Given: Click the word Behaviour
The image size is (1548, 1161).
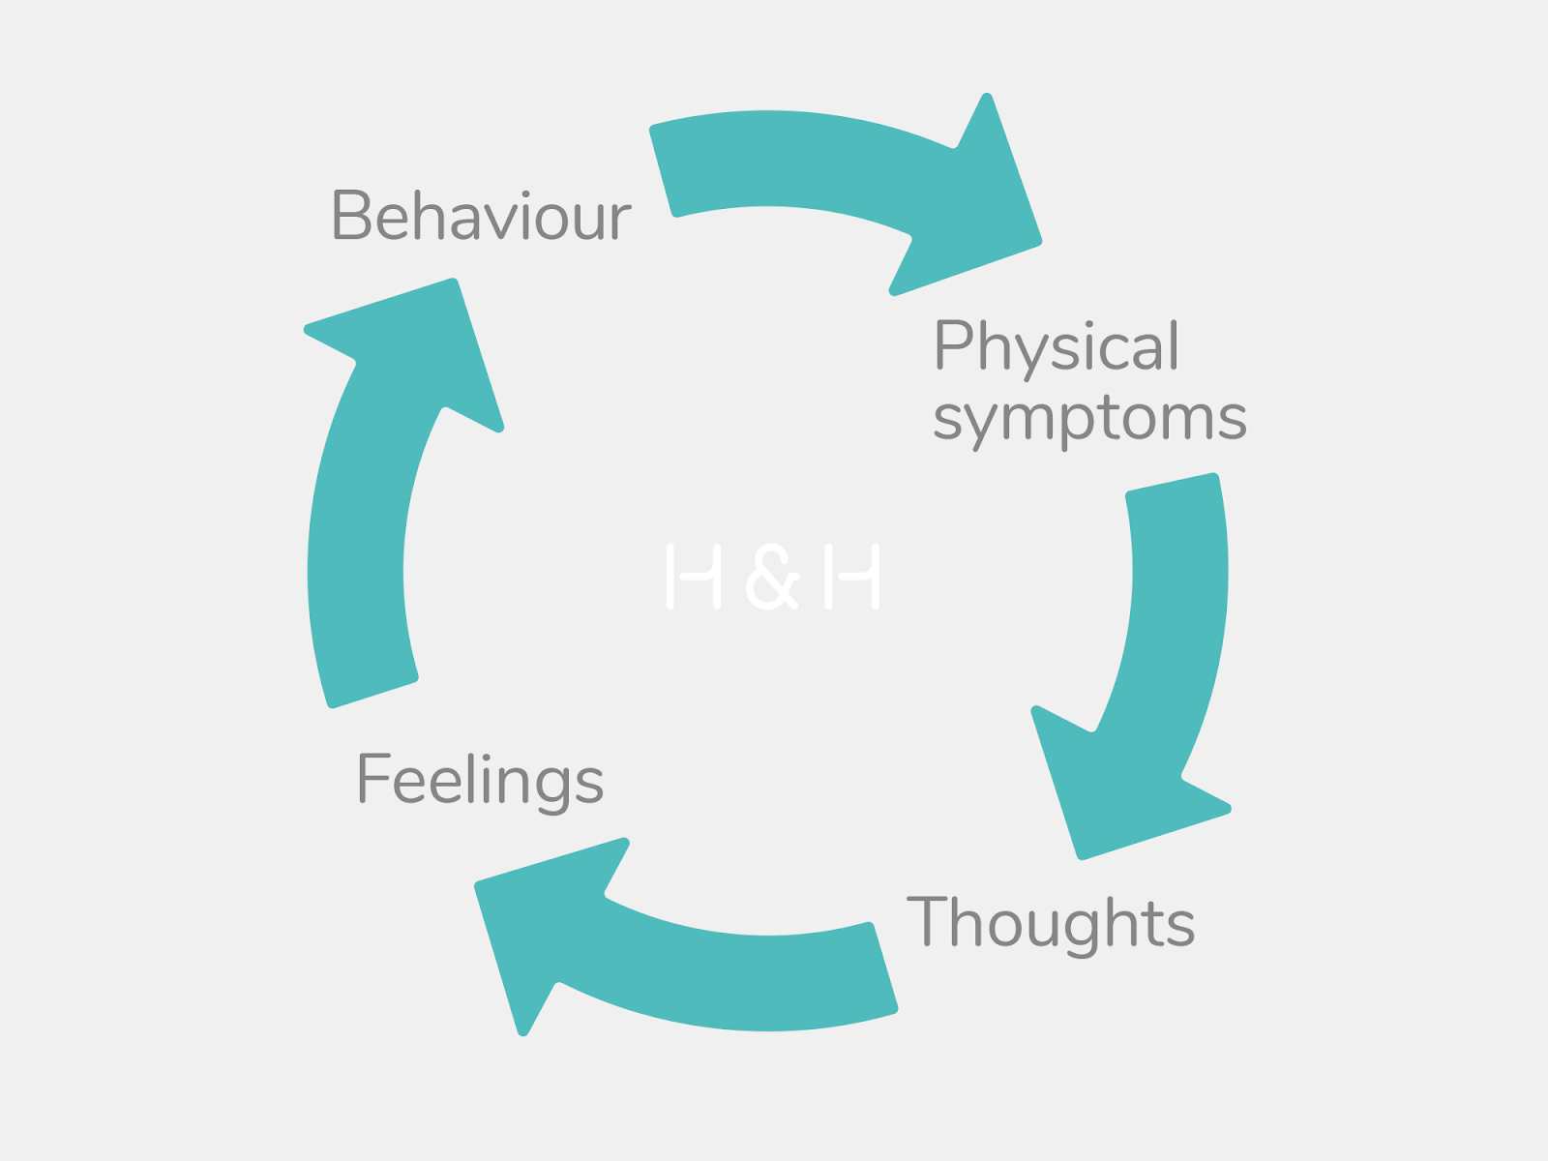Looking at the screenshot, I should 481,215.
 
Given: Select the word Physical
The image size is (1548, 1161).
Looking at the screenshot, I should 1057,346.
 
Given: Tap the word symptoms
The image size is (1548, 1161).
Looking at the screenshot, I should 1089,419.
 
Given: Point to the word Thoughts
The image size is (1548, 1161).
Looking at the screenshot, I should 1051,922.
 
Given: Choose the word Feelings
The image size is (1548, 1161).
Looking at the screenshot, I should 480,780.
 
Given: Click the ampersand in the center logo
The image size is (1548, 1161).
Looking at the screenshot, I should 772,578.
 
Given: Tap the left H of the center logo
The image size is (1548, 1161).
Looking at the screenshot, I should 694,577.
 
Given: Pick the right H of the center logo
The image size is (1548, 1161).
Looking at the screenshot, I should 851,577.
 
